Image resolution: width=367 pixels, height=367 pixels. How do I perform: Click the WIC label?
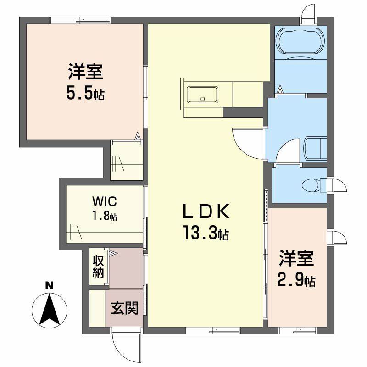click(x=105, y=201)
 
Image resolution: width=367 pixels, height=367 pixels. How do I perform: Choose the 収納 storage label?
click(x=98, y=266)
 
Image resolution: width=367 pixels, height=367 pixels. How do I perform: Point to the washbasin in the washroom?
click(x=314, y=148)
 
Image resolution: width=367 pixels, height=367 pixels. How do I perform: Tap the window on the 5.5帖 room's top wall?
click(x=80, y=19)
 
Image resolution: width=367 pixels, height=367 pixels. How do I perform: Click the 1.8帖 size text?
click(x=105, y=216)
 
